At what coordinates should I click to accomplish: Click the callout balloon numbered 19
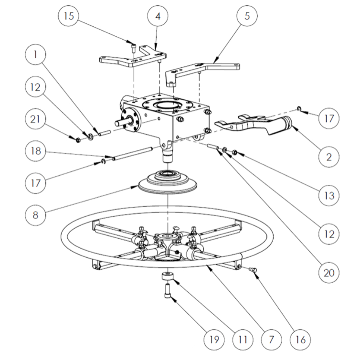(213, 339)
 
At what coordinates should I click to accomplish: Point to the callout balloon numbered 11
(242, 339)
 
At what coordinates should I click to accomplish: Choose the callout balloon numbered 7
(271, 339)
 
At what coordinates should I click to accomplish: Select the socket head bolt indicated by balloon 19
(167, 291)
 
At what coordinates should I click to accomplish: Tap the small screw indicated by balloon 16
(252, 269)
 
